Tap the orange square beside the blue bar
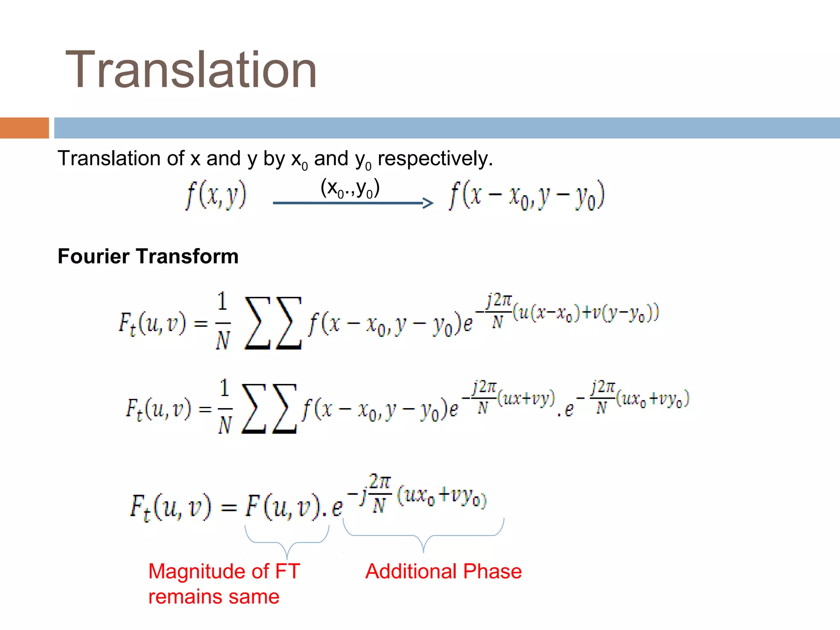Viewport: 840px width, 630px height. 24,128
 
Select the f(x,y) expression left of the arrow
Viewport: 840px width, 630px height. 216,195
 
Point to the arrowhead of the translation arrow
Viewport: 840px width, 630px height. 428,203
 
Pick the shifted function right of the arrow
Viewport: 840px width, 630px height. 527,196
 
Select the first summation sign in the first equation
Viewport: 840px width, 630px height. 258,323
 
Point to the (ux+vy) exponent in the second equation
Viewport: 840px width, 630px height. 526,398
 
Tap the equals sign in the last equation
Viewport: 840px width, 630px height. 229,508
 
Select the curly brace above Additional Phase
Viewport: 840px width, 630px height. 423,536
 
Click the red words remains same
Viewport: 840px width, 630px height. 214,597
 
